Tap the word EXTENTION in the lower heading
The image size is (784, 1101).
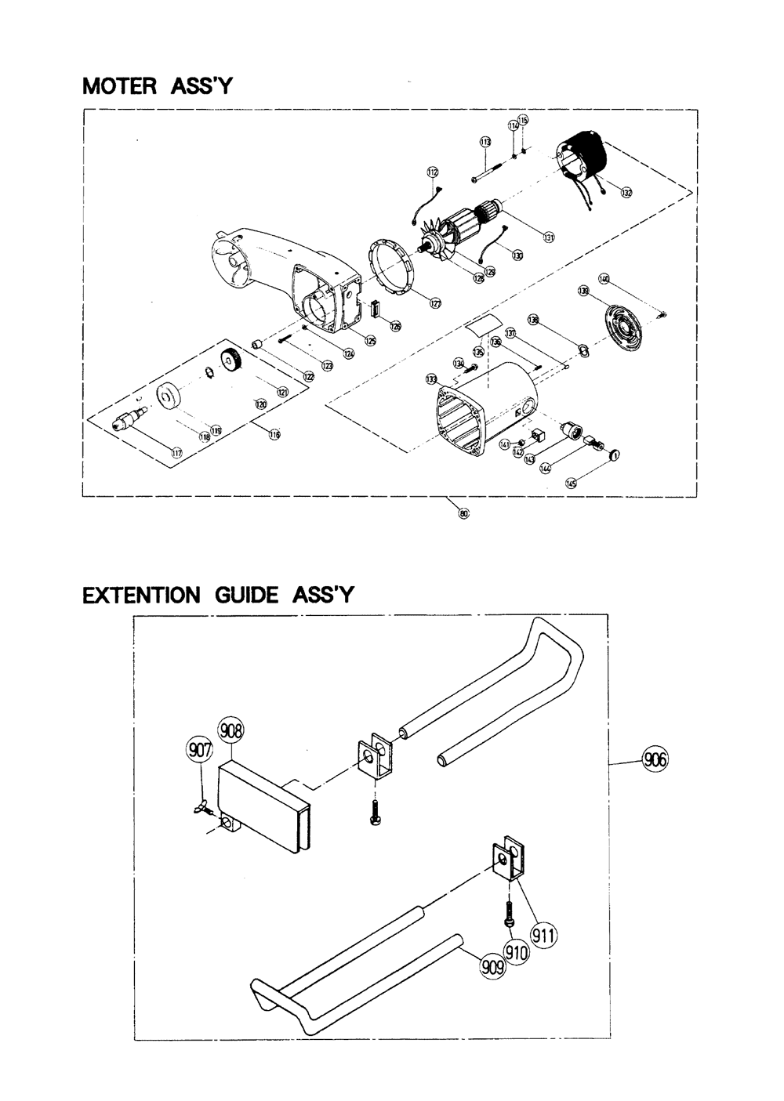point(142,596)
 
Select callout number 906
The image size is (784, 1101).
point(655,759)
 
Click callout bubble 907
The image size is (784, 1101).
point(199,750)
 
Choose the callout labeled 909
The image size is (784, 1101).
point(493,968)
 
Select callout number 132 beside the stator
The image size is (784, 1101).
point(626,192)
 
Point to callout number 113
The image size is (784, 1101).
point(485,142)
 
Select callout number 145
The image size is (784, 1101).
point(571,484)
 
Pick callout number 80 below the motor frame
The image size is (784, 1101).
point(463,513)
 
